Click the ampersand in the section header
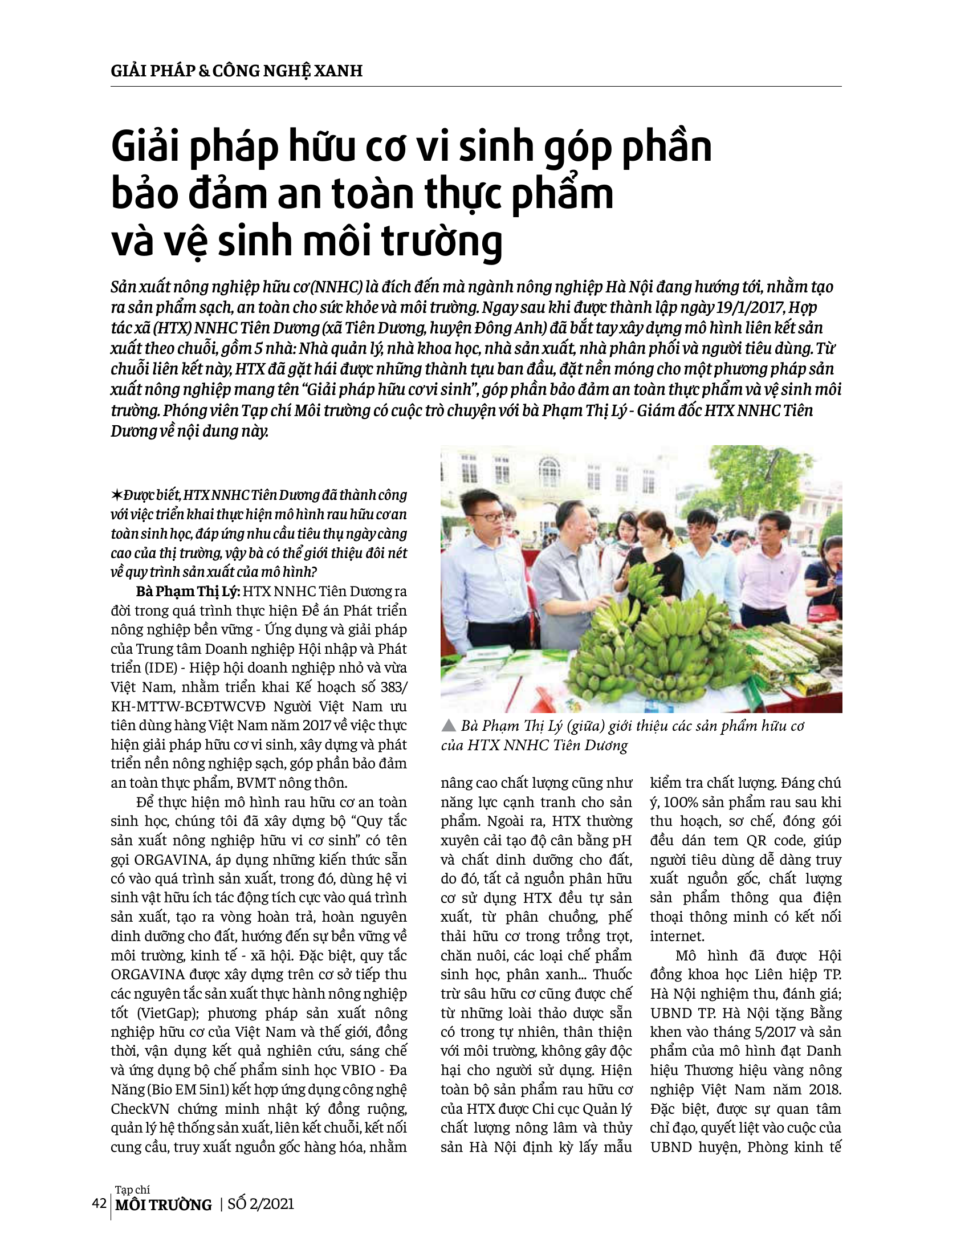pyautogui.click(x=204, y=71)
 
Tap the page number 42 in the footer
pyautogui.click(x=99, y=1203)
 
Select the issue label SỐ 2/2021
pyautogui.click(x=260, y=1203)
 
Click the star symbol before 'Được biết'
pyautogui.click(x=116, y=495)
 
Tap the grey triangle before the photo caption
pyautogui.click(x=449, y=726)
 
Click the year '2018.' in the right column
pyautogui.click(x=825, y=1089)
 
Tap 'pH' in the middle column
pyautogui.click(x=622, y=841)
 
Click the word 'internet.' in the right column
pyautogui.click(x=677, y=937)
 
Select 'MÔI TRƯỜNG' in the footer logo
pyautogui.click(x=164, y=1204)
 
